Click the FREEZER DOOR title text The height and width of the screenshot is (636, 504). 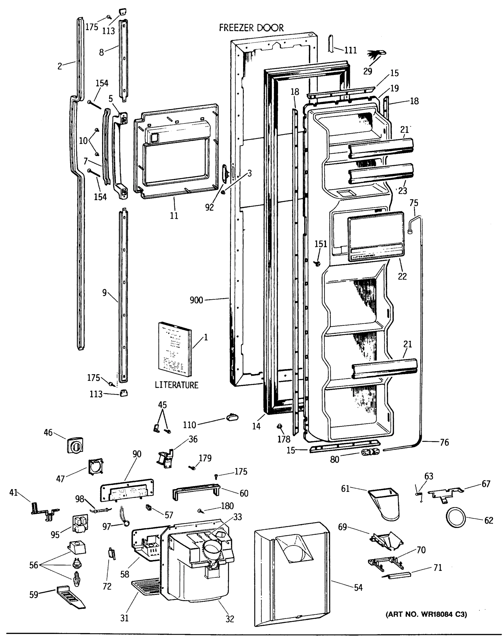251,28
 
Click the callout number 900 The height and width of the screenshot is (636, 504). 196,300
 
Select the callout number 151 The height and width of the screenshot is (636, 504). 321,244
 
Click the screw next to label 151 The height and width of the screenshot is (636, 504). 318,263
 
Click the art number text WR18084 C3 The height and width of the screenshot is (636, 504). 426,615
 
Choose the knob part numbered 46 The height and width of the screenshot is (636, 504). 75,445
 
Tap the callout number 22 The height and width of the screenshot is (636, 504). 402,276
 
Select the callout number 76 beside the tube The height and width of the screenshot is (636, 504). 444,442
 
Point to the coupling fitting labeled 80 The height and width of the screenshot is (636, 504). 370,452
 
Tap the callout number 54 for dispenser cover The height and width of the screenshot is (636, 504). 358,587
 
